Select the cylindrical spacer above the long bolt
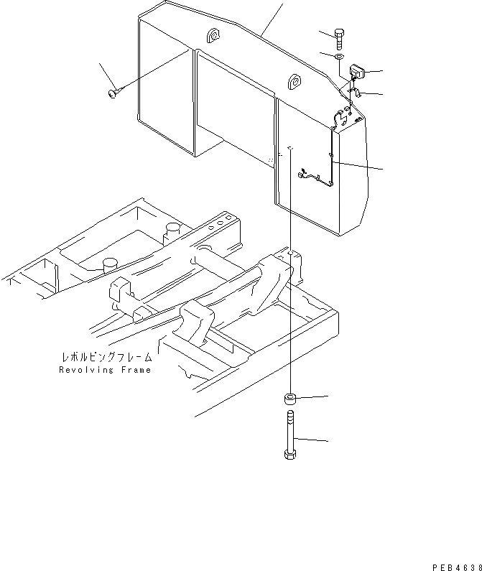click(x=291, y=399)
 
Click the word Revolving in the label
click(x=85, y=370)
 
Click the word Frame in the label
click(x=135, y=370)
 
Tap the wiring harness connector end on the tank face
click(x=305, y=173)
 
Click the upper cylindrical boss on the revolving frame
click(x=171, y=231)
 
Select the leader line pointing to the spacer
click(x=314, y=396)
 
